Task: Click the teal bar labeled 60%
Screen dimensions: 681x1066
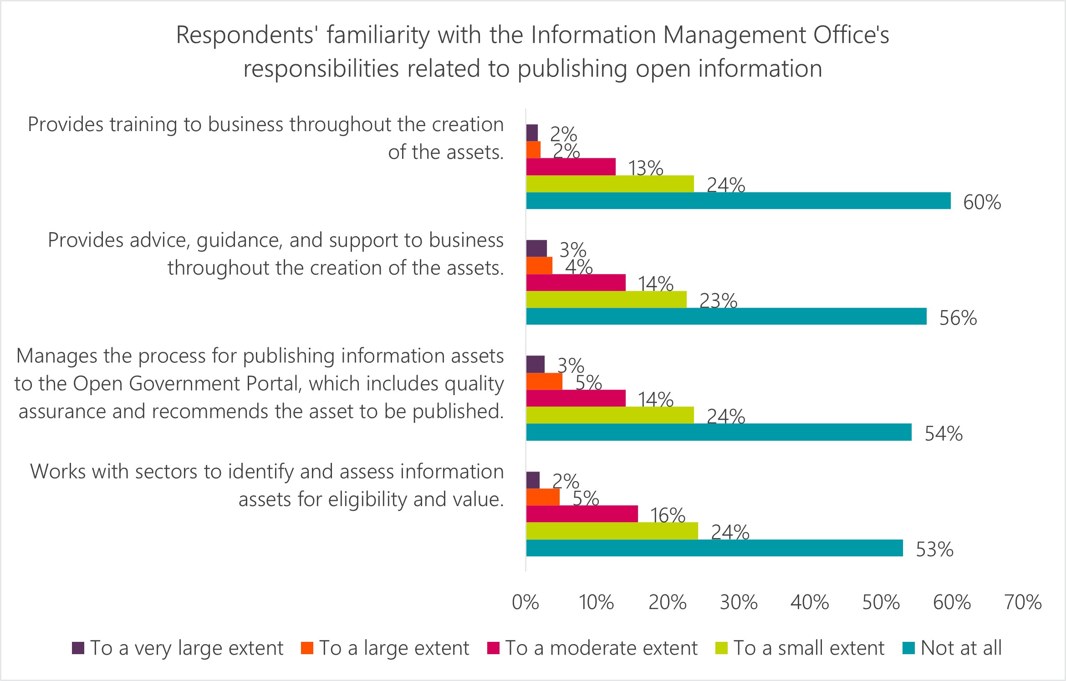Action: point(738,201)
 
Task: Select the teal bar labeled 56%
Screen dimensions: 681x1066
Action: point(726,316)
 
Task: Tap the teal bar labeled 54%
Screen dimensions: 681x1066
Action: point(719,432)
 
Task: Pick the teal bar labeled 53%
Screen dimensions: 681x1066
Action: point(714,548)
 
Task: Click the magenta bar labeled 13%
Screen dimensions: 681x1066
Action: point(571,167)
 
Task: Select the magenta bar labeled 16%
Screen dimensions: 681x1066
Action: point(582,514)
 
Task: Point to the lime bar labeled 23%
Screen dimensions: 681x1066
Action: point(606,300)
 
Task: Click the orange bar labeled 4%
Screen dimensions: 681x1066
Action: point(539,265)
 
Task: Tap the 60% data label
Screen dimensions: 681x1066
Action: point(982,203)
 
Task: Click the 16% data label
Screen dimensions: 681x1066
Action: point(668,516)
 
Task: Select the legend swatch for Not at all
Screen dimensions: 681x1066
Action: point(908,648)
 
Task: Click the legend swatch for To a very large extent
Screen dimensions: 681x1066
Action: point(78,648)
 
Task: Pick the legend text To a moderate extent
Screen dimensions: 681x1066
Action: point(601,648)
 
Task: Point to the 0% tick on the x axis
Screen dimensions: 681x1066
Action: point(525,602)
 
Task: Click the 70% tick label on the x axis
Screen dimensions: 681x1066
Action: point(1023,602)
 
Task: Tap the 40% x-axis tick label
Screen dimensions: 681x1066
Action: point(810,602)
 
